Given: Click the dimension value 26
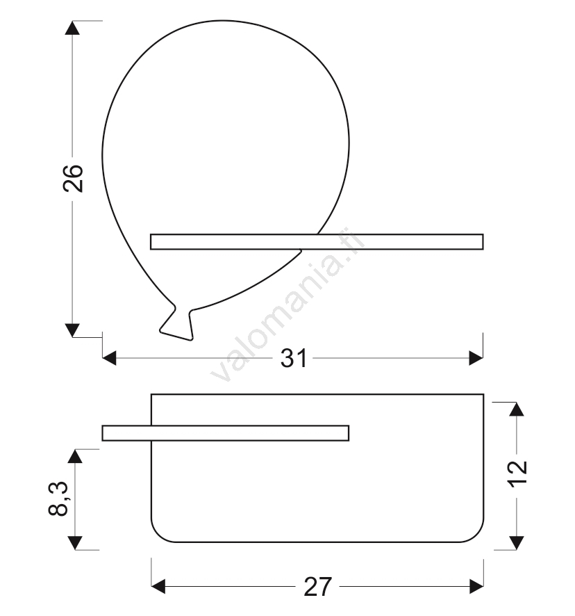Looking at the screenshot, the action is coord(73,179).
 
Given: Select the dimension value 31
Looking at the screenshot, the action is coord(293,358).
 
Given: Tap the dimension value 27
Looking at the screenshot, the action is coord(317,587).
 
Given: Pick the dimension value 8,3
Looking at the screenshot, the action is coord(58,499).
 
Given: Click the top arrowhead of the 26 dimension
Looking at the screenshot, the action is coord(72,28).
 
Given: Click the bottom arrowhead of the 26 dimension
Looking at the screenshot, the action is coord(72,330).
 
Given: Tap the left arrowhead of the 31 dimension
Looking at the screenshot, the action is coord(109,358).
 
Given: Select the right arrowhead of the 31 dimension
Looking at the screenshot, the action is coord(476,358).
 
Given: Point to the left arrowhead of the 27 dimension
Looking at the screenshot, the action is coord(158,587).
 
